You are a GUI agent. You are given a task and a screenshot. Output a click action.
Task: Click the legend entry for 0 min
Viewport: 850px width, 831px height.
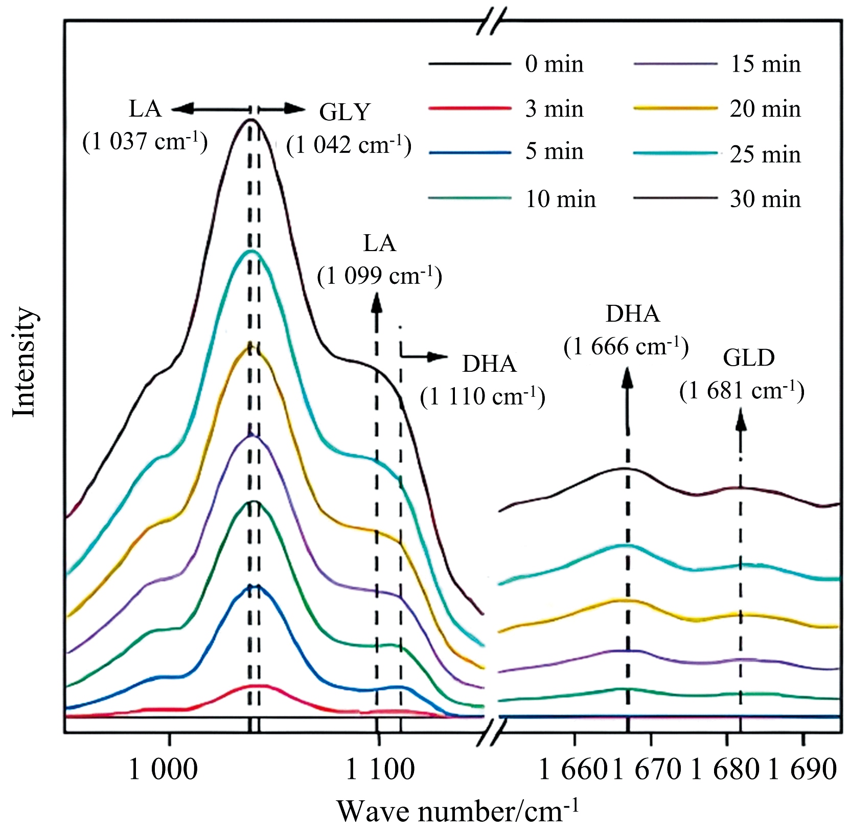click(x=554, y=64)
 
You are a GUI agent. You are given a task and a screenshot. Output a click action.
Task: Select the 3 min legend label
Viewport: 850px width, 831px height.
click(x=554, y=109)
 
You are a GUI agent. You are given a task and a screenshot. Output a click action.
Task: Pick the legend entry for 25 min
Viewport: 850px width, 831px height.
click(x=765, y=154)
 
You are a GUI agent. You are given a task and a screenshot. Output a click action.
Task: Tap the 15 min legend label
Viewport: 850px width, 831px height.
click(x=765, y=64)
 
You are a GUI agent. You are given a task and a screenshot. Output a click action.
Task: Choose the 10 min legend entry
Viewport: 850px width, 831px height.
click(x=560, y=199)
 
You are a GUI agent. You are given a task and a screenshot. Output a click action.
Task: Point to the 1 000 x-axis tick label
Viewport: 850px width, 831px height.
click(x=163, y=769)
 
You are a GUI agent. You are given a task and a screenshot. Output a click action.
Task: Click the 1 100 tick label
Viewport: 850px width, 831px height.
click(x=380, y=769)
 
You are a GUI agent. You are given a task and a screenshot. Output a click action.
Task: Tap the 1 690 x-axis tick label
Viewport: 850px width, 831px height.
click(x=802, y=769)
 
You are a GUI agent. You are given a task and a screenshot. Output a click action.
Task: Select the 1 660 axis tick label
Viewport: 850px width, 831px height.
click(x=573, y=769)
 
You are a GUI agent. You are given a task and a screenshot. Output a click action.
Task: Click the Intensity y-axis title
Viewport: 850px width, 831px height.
click(x=25, y=362)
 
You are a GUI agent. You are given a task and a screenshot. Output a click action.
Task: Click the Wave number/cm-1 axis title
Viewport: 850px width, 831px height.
click(x=458, y=810)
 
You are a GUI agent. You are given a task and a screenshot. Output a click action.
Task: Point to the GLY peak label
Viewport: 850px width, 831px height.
click(x=344, y=112)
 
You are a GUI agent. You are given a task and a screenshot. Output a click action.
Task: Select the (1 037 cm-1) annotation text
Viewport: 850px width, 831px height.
click(x=145, y=142)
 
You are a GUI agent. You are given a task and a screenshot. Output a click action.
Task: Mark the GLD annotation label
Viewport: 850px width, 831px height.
click(x=749, y=358)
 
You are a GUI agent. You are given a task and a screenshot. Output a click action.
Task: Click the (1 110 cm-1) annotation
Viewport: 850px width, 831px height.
click(x=483, y=396)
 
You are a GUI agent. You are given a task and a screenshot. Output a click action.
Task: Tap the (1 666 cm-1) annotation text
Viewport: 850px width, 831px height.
click(x=626, y=347)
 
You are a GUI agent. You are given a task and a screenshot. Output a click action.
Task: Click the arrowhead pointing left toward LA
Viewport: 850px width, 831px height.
click(x=182, y=108)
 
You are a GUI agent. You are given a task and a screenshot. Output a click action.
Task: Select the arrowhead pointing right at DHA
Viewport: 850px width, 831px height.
click(x=439, y=357)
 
